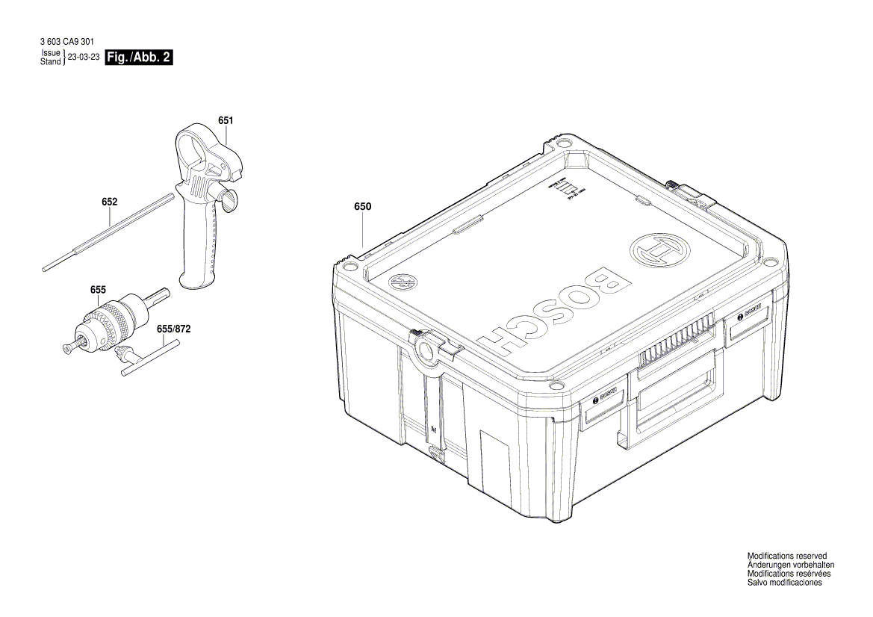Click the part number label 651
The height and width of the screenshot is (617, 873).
point(226,120)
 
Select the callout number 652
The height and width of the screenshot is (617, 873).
point(110,202)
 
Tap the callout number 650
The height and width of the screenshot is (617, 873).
point(363,206)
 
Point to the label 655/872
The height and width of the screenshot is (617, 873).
point(174,329)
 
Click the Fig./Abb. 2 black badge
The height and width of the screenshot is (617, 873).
point(140,58)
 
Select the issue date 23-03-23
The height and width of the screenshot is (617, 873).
point(84,58)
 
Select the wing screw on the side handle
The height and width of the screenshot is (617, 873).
point(227,197)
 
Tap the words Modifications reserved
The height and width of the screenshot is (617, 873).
point(787,556)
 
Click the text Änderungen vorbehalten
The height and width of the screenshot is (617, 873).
point(791,565)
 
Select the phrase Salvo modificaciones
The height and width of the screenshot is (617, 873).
point(784,583)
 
